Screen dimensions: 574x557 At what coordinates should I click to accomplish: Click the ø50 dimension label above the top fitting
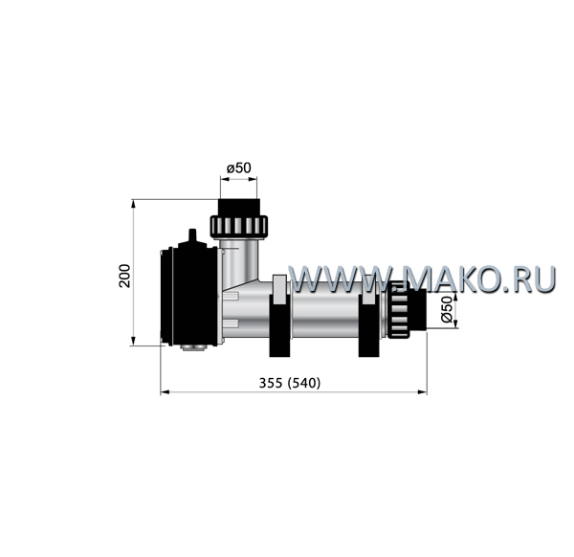(238, 168)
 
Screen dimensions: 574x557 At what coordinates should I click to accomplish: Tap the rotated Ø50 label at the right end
(447, 310)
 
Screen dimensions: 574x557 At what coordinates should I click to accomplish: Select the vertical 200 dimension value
(124, 276)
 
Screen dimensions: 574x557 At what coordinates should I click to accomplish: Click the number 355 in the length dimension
(271, 383)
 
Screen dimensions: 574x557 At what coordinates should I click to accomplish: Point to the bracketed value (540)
(304, 383)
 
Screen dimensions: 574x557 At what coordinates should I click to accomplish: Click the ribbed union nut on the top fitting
(238, 227)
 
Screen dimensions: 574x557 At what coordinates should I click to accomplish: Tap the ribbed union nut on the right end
(398, 310)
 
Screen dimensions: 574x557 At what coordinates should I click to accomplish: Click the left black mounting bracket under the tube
(279, 326)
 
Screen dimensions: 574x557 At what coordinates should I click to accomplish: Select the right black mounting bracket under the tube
(369, 326)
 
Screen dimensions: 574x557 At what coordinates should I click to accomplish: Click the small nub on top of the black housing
(192, 235)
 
